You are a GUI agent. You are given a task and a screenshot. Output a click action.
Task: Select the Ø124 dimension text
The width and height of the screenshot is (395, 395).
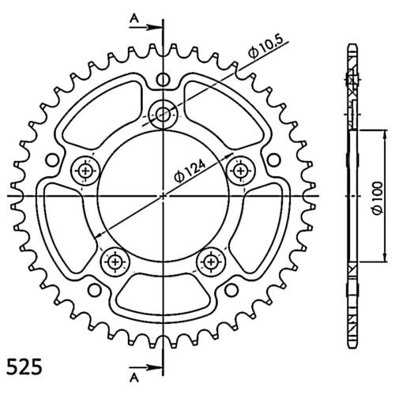[190, 171]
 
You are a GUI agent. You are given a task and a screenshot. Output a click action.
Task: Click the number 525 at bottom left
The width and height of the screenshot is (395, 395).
[24, 367]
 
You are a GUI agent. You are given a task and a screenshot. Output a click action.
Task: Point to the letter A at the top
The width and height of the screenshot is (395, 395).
[134, 18]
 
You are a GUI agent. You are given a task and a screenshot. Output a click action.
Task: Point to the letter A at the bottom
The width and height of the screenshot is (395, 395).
[134, 378]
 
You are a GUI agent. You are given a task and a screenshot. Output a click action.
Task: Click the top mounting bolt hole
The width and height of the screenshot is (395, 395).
[162, 115]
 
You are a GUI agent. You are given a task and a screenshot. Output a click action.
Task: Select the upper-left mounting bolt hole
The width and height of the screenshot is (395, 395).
[85, 171]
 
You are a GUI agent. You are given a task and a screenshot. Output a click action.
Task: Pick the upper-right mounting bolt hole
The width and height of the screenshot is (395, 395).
[240, 171]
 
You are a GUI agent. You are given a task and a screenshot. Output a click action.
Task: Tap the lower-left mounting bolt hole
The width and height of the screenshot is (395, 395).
[115, 261]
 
